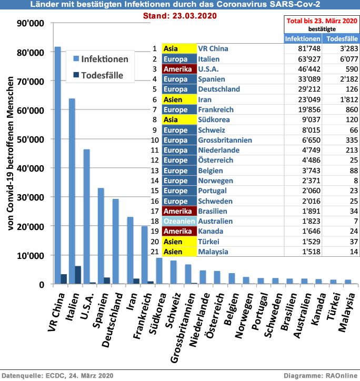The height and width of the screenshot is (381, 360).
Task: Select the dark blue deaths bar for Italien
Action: point(78,275)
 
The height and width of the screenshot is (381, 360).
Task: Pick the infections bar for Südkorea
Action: point(159,271)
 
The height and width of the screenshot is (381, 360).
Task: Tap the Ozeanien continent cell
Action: point(179,221)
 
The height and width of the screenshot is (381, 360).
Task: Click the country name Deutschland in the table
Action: point(219,89)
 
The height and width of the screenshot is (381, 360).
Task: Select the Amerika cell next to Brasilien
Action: point(179,211)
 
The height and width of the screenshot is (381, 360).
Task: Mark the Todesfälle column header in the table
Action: point(340,39)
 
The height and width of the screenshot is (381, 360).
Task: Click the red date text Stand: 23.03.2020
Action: point(179,16)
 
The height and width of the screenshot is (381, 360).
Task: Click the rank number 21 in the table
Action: point(155,252)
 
